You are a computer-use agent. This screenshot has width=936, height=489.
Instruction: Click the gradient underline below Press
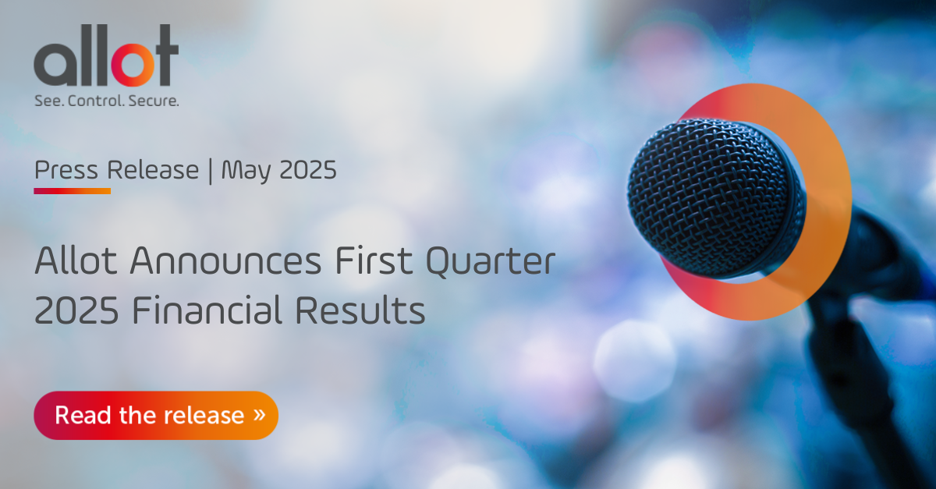(x=73, y=190)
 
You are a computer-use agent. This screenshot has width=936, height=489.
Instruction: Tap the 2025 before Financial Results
(x=76, y=311)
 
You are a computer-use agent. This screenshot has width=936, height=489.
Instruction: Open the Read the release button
(x=155, y=415)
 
